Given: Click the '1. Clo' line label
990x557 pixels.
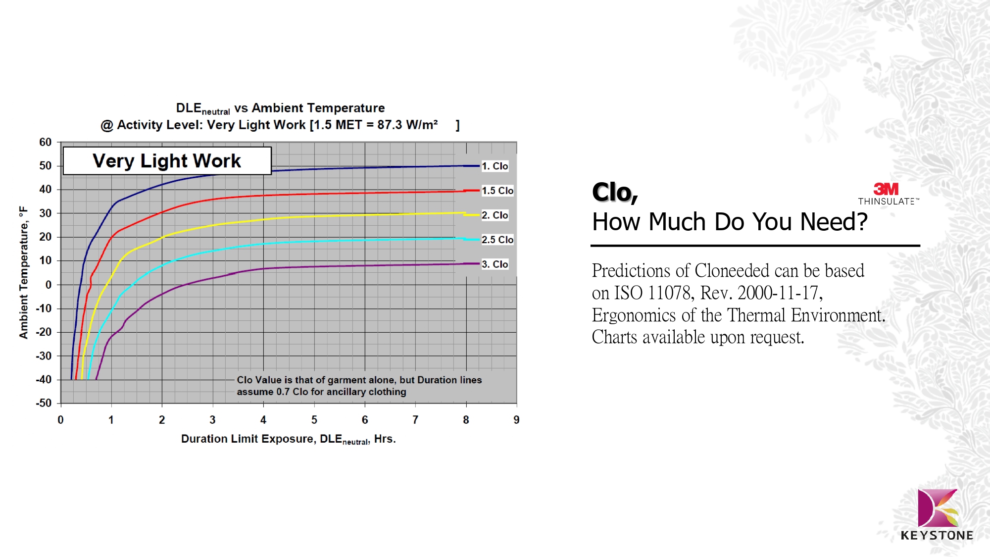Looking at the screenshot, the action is click(x=495, y=166).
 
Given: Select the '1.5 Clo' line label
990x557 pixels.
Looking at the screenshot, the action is click(x=497, y=191).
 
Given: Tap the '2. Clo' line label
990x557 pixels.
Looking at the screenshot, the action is click(x=495, y=215).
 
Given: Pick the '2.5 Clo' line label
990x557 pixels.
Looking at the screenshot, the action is click(x=497, y=240).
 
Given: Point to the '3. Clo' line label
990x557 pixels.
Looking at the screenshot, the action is click(x=495, y=264).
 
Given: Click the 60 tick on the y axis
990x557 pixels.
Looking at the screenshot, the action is click(x=46, y=143).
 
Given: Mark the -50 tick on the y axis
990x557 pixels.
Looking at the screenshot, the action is click(x=44, y=403).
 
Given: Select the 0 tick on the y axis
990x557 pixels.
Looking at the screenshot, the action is click(x=49, y=285).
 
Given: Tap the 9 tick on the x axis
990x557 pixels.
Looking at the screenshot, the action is click(x=516, y=420).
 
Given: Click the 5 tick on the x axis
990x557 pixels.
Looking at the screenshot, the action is click(x=314, y=420).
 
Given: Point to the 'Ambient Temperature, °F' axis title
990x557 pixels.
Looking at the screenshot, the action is click(x=23, y=273).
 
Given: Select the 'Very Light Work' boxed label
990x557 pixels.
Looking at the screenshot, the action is click(x=167, y=161).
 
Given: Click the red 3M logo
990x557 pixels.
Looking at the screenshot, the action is click(x=886, y=189).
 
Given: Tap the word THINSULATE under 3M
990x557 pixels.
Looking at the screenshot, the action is click(x=887, y=202).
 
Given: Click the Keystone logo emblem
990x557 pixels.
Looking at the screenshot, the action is click(x=938, y=508).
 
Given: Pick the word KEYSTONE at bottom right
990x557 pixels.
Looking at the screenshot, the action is click(x=937, y=535).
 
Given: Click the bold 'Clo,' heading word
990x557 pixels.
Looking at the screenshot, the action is click(x=615, y=192).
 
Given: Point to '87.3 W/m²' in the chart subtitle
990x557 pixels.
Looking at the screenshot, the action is click(x=407, y=125).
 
